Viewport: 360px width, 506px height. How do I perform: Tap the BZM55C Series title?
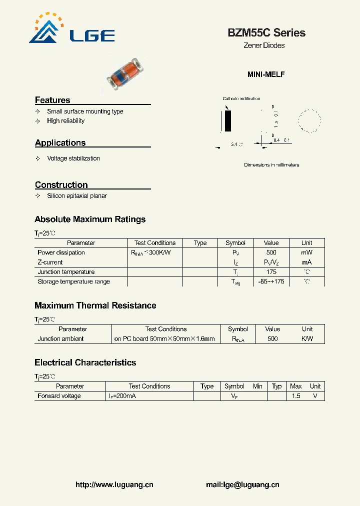tap(266, 33)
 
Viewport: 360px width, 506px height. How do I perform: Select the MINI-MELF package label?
tap(266, 74)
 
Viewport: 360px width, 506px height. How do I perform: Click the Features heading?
tap(52, 100)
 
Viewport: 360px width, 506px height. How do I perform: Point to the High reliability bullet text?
tap(65, 121)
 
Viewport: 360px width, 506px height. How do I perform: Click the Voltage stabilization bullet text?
tap(73, 158)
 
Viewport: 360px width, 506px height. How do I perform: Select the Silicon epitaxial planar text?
tap(77, 196)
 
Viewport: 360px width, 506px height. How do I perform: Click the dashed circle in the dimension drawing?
tap(309, 121)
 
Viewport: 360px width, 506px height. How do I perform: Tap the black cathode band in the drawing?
tap(228, 121)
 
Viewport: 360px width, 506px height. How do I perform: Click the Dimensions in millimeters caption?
tap(271, 165)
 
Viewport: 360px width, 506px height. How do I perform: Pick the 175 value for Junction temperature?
tap(271, 272)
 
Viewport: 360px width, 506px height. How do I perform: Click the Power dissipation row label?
tap(61, 252)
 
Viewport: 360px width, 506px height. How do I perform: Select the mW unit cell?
tap(306, 252)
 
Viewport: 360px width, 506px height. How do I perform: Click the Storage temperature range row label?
tap(73, 281)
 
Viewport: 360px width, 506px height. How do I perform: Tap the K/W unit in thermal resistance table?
tap(307, 338)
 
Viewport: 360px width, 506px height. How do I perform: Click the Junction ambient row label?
tap(60, 338)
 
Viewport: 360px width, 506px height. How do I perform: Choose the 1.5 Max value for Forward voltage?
tap(296, 396)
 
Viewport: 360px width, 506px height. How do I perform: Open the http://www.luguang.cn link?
tap(114, 484)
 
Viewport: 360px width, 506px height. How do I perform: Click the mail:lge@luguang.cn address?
tap(242, 484)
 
